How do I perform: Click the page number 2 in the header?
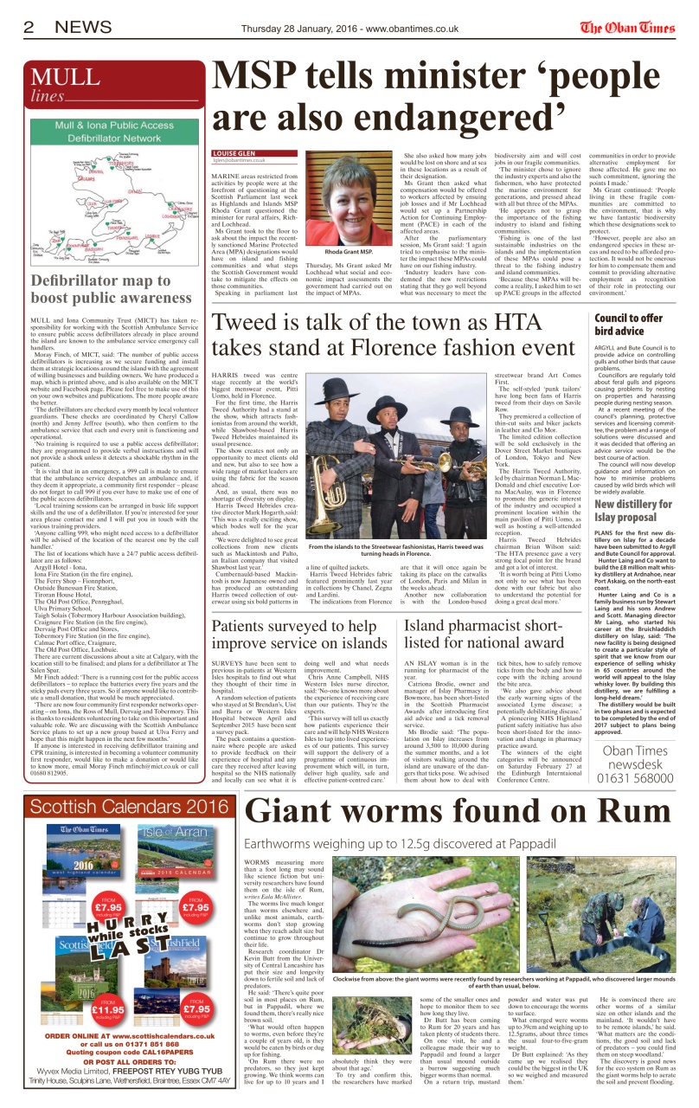[x=28, y=28]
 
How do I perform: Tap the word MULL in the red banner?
[x=65, y=76]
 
